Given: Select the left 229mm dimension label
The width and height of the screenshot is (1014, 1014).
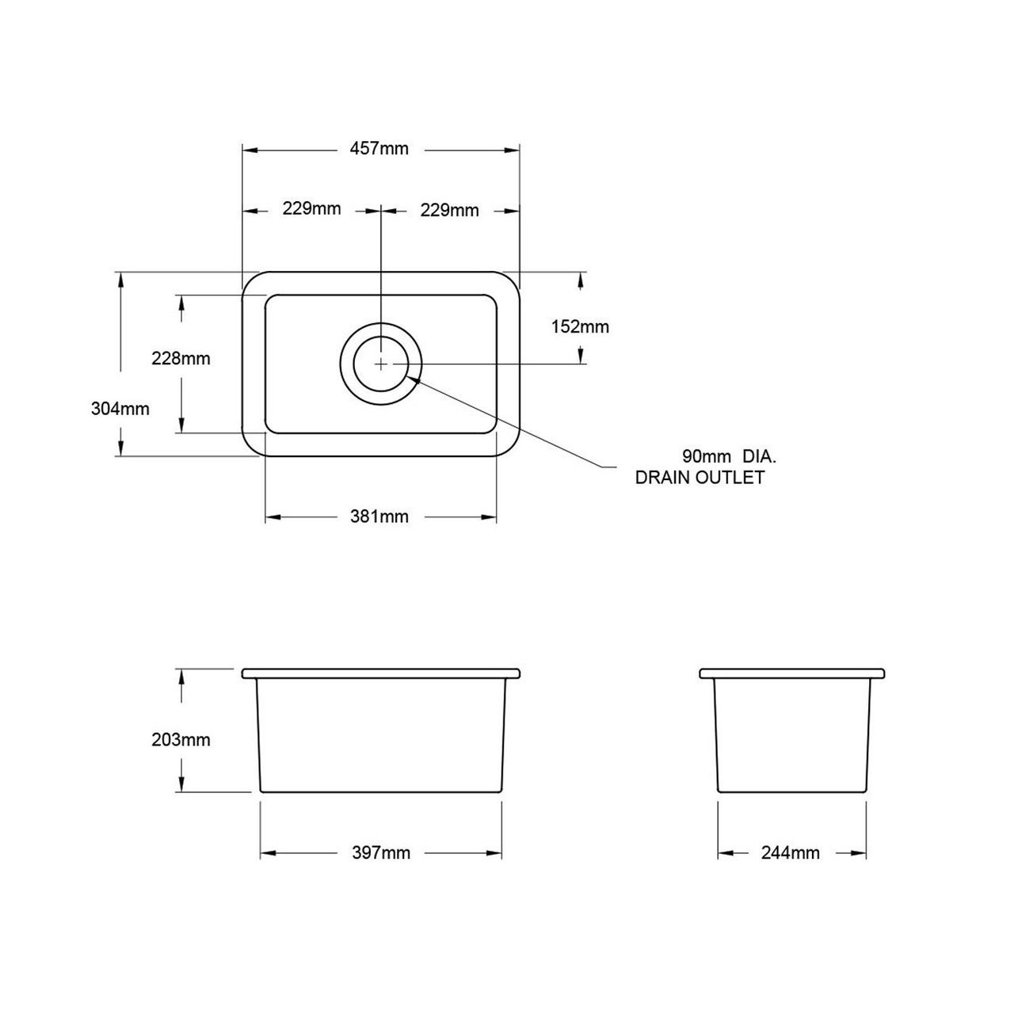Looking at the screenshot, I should tap(311, 209).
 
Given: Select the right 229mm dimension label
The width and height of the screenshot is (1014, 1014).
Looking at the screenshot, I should tap(449, 210).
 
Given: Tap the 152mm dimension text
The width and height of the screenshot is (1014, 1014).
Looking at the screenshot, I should tap(580, 326).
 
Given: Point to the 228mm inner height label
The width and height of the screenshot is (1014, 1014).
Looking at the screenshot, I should tap(181, 358).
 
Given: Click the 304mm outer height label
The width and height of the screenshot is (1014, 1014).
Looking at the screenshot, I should tap(120, 409).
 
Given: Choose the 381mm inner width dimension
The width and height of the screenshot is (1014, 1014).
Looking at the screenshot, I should tap(379, 517).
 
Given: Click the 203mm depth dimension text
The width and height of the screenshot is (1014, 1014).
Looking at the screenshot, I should tap(181, 740).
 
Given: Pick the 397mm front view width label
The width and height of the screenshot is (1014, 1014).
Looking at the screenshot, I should tap(381, 853).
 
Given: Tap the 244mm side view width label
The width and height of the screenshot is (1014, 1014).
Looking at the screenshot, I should tap(790, 853).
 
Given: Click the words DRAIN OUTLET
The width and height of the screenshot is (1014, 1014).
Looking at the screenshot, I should tap(700, 477).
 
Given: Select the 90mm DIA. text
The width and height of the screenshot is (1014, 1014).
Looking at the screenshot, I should tap(729, 456).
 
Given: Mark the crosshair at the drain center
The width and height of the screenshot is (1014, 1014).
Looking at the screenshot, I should tap(381, 363).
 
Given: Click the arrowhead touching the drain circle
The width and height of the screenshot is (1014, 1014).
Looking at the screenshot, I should tap(414, 378).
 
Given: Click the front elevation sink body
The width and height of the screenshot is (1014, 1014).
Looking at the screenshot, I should tap(381, 733).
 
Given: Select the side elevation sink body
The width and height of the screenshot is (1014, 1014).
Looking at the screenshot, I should tap(791, 733).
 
